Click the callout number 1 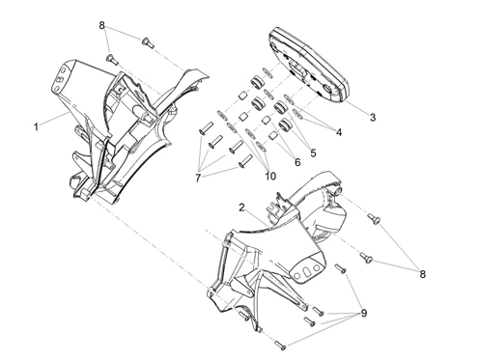tap(36, 126)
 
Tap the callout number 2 tap(241, 208)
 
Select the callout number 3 tap(373, 118)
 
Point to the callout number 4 tap(339, 132)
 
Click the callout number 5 tap(313, 153)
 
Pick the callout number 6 tap(297, 162)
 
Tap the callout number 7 tap(198, 178)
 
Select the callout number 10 tap(270, 177)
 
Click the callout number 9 tap(364, 313)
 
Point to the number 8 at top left tap(101, 25)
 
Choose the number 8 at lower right tap(422, 274)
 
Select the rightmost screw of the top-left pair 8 tap(148, 42)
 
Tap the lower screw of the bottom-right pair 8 tap(366, 258)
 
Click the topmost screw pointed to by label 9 tap(340, 268)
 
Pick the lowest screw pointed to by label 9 tap(280, 346)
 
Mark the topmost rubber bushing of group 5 tap(257, 82)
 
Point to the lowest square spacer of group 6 tap(273, 136)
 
